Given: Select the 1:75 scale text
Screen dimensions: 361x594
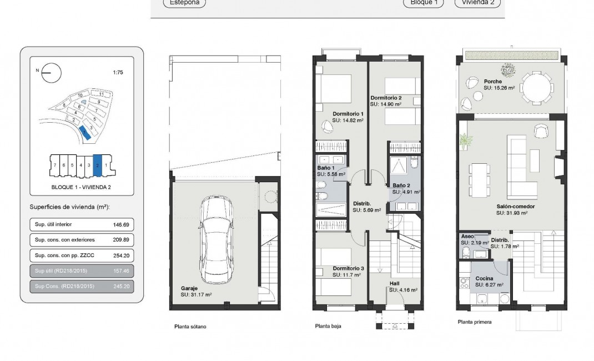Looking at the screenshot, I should (x=118, y=72).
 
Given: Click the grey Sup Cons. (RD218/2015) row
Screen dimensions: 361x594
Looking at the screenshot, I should (x=82, y=286).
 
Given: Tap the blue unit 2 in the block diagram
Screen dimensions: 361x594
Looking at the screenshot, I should (x=97, y=165).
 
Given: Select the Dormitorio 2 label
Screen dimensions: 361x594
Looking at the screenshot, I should (x=386, y=98).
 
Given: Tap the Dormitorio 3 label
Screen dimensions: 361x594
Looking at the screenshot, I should (x=348, y=269).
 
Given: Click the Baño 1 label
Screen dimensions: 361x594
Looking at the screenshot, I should (x=325, y=168).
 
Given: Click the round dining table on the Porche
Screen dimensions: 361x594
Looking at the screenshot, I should (x=538, y=87).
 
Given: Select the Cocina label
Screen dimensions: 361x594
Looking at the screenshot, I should (x=484, y=278).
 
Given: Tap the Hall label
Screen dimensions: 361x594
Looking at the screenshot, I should (x=395, y=283).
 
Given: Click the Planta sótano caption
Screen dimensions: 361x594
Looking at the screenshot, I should (x=190, y=327).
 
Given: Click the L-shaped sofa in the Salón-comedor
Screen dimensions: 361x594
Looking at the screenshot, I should (x=522, y=164).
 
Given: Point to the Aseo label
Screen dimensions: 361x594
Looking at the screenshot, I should (x=467, y=237).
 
